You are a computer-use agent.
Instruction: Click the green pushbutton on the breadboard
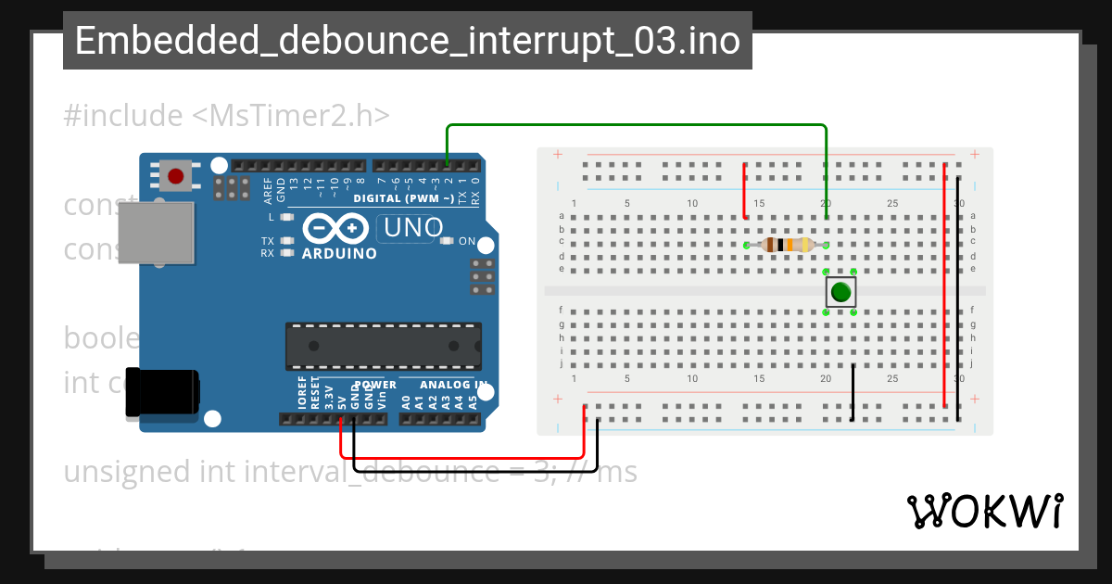840,292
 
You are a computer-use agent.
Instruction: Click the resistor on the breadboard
787,245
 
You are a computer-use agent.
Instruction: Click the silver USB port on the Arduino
158,235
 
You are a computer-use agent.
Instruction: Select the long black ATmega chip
383,346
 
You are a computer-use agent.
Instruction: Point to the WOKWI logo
983,511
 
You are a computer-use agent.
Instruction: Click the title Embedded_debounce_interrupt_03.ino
408,42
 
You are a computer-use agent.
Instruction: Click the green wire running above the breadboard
639,124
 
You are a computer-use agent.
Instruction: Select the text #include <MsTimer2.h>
227,116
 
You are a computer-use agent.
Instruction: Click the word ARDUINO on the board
339,253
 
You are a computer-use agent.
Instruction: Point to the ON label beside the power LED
467,242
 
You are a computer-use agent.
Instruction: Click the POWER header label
374,385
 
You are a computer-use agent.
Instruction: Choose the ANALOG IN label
452,385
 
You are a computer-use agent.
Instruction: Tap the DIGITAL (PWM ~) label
403,198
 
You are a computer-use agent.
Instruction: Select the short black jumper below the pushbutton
853,392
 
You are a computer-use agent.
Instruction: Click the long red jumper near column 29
944,286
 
